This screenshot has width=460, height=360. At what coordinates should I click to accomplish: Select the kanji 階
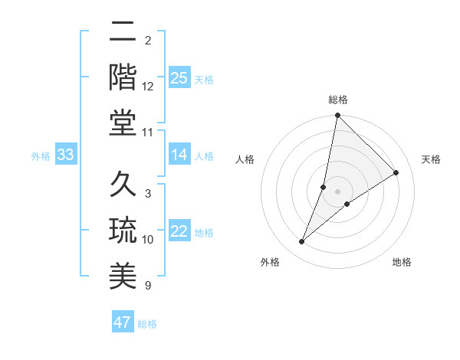(x=123, y=77)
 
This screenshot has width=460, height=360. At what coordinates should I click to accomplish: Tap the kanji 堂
(x=123, y=123)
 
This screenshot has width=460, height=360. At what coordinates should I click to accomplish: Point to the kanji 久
(x=123, y=185)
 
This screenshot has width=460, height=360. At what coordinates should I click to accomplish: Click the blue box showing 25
(x=179, y=77)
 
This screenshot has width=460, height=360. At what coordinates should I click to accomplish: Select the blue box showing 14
(x=179, y=155)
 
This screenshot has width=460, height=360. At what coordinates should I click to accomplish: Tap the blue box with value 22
(x=179, y=232)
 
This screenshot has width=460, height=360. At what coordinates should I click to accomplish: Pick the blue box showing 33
(x=66, y=155)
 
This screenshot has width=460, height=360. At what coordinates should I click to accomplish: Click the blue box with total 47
(x=123, y=322)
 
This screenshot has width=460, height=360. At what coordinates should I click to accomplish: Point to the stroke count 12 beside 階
(x=148, y=87)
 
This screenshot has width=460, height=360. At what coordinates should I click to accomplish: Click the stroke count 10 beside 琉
(x=148, y=240)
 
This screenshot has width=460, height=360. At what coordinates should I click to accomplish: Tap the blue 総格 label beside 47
(x=147, y=324)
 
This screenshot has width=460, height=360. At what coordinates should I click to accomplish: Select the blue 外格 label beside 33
(x=41, y=156)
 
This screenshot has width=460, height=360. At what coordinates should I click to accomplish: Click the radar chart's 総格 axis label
(x=338, y=100)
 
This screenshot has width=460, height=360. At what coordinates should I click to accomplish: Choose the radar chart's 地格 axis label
(x=402, y=262)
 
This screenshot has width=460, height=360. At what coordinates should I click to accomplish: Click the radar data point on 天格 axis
(x=396, y=172)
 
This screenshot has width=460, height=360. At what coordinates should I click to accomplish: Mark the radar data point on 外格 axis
(x=302, y=242)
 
